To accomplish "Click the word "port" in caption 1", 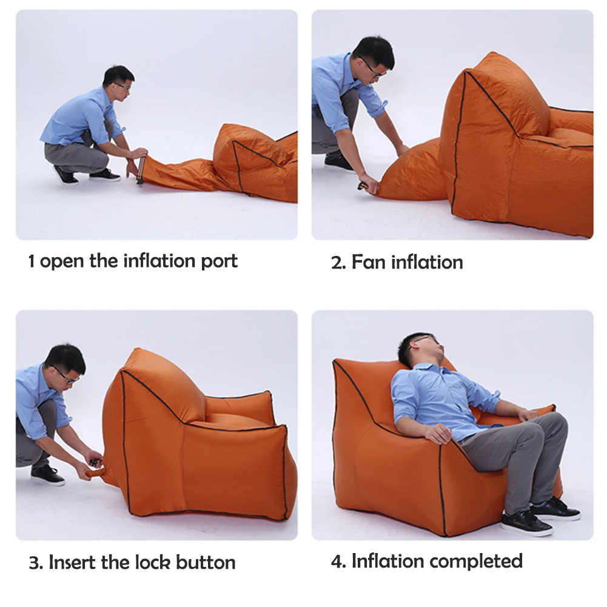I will point(220,262).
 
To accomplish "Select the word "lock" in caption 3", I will point(152,562).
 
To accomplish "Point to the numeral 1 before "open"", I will point(32,262).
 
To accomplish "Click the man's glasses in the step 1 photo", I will point(124,86).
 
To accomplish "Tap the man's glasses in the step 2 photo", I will point(374,69).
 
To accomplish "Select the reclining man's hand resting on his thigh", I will point(437,432).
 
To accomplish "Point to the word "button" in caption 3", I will point(206,562).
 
